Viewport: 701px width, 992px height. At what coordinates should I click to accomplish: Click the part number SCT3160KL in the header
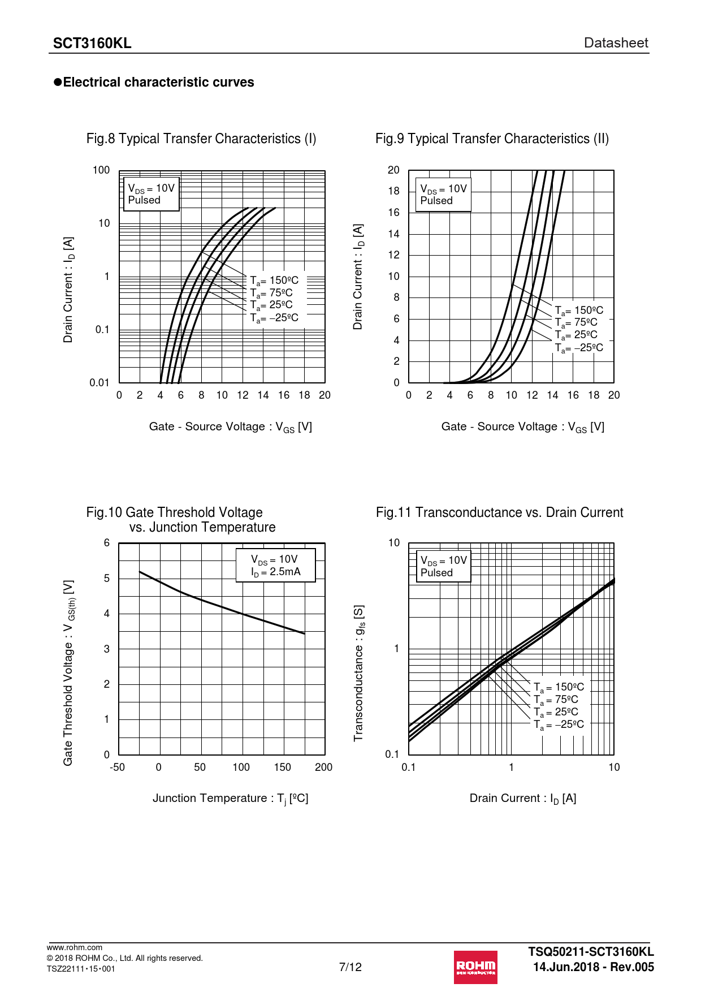pyautogui.click(x=92, y=44)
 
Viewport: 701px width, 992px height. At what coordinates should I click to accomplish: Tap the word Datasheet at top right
pyautogui.click(x=616, y=43)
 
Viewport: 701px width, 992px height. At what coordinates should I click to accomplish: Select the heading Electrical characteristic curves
pyautogui.click(x=158, y=83)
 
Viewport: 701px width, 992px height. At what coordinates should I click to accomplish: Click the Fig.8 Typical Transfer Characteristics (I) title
pyautogui.click(x=201, y=139)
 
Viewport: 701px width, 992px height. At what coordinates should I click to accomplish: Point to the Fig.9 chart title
pyautogui.click(x=492, y=139)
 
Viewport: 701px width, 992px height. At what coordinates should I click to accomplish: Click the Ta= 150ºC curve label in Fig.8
pyautogui.click(x=274, y=281)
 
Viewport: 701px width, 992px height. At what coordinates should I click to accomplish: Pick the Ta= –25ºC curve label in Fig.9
pyautogui.click(x=579, y=348)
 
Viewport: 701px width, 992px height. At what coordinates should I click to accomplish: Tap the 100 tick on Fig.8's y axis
pyautogui.click(x=101, y=170)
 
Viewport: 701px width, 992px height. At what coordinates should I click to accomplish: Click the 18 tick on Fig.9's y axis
pyautogui.click(x=393, y=191)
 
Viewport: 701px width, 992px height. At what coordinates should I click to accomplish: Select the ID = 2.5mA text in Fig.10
pyautogui.click(x=276, y=572)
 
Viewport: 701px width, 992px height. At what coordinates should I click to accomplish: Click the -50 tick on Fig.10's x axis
pyautogui.click(x=117, y=767)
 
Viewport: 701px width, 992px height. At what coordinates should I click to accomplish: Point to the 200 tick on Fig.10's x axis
pyautogui.click(x=323, y=767)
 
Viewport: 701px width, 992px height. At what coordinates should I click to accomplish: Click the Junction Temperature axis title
pyautogui.click(x=230, y=799)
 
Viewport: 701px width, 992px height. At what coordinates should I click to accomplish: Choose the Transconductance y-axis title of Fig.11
pyautogui.click(x=358, y=673)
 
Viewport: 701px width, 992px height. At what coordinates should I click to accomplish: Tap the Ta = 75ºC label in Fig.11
pyautogui.click(x=556, y=700)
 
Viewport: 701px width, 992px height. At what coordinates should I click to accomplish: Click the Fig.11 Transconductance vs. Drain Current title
pyautogui.click(x=499, y=512)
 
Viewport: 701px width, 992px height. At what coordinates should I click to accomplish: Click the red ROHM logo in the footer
pyautogui.click(x=475, y=967)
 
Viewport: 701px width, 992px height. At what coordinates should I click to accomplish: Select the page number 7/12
pyautogui.click(x=350, y=967)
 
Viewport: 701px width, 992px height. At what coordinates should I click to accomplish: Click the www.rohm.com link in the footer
pyautogui.click(x=75, y=947)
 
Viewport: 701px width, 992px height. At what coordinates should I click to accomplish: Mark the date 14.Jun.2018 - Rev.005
pyautogui.click(x=593, y=967)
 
